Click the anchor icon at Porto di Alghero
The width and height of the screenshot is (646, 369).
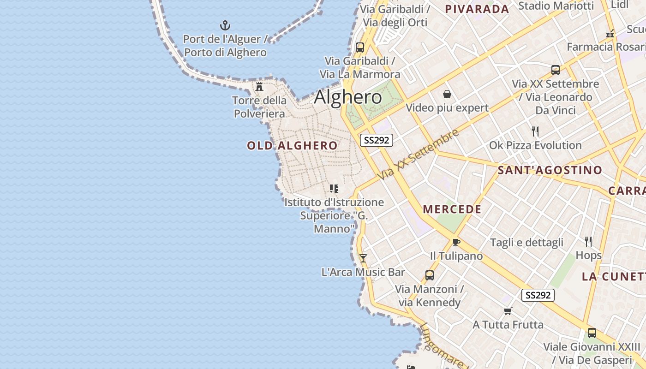(225, 25)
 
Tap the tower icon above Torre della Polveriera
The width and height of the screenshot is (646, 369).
(259, 86)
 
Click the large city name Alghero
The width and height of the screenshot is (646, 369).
(348, 97)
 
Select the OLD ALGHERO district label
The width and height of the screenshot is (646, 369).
(292, 146)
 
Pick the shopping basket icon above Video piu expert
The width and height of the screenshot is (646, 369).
(447, 94)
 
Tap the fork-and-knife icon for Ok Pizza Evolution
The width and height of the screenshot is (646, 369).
(535, 131)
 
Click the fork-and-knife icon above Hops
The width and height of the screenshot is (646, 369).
(588, 241)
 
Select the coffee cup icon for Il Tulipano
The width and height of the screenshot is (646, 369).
(456, 242)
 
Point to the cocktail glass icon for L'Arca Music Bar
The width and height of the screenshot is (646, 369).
(363, 258)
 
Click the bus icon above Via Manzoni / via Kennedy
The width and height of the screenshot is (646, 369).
(430, 275)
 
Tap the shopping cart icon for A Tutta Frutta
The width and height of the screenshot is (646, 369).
(508, 311)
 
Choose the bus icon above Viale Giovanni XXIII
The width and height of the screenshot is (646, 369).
(592, 333)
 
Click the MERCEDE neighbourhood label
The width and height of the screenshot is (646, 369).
(452, 209)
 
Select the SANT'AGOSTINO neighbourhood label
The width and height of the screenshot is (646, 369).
(550, 170)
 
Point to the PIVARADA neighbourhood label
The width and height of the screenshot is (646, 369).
(477, 9)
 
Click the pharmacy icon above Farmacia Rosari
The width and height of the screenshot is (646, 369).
(610, 33)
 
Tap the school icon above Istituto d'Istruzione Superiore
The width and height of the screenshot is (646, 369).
(334, 188)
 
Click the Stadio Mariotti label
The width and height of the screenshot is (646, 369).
(556, 6)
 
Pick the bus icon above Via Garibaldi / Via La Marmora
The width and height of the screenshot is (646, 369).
(360, 47)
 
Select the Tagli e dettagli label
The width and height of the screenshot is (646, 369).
(526, 243)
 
